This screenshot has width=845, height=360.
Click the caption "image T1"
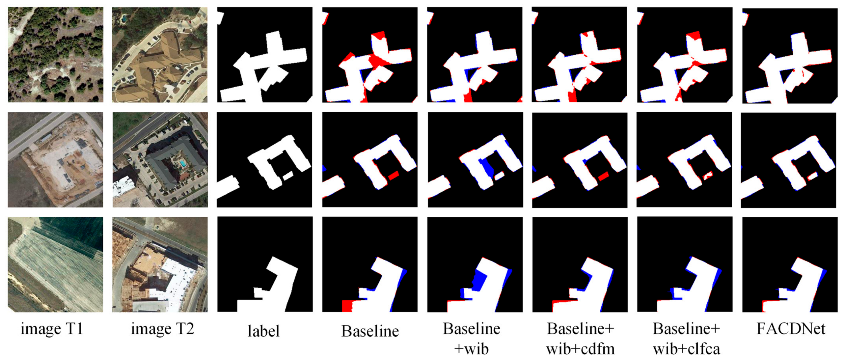click(52, 328)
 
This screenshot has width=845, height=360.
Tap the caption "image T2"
click(163, 328)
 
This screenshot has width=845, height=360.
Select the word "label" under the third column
click(263, 331)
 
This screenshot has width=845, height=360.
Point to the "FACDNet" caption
click(791, 328)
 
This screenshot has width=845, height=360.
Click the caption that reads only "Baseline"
click(370, 331)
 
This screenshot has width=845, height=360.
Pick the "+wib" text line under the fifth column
click(472, 349)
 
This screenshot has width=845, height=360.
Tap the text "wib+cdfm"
click(580, 349)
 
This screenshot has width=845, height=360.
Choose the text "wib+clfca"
click(686, 349)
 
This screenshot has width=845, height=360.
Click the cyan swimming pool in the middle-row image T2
click(182, 163)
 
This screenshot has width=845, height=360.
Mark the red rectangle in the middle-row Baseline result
click(394, 175)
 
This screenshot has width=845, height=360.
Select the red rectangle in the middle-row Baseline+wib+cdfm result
click(604, 176)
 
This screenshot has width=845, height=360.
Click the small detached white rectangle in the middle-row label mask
click(288, 176)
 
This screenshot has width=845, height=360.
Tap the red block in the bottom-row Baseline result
click(347, 306)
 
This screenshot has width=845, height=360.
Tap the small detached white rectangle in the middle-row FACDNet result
click(812, 176)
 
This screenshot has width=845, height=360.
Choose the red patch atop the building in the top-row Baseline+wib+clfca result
click(693, 35)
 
